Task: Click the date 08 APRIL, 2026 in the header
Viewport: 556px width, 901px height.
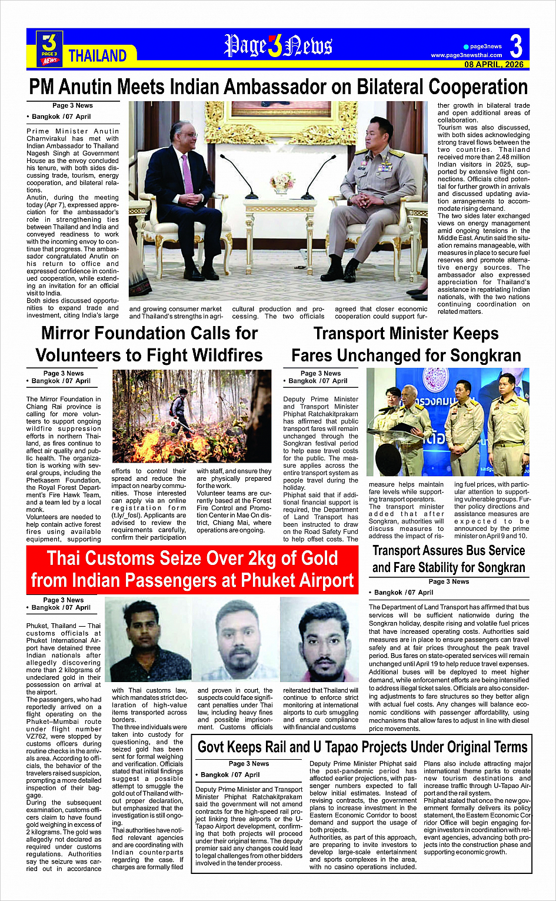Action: coord(494,64)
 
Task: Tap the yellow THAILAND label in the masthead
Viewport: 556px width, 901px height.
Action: coord(97,56)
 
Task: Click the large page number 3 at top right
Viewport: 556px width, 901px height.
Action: coord(515,45)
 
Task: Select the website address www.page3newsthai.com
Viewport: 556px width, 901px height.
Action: coord(466,55)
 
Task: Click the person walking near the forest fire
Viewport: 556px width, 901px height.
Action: coord(184,409)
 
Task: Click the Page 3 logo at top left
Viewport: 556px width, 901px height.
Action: coord(49,48)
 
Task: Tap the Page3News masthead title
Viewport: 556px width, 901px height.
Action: coord(278,46)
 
